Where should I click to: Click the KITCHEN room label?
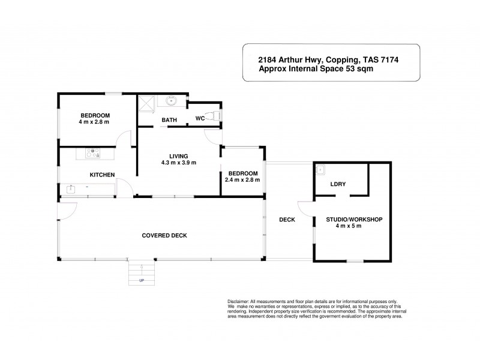(102, 175)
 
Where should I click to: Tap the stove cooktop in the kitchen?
(92, 154)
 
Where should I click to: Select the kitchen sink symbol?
(70, 189)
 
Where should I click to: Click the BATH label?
(169, 120)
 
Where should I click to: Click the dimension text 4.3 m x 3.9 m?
(179, 163)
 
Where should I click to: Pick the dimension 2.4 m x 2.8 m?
(242, 179)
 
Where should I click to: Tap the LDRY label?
(338, 184)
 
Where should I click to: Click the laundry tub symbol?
(320, 169)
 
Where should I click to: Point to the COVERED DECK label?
(164, 235)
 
